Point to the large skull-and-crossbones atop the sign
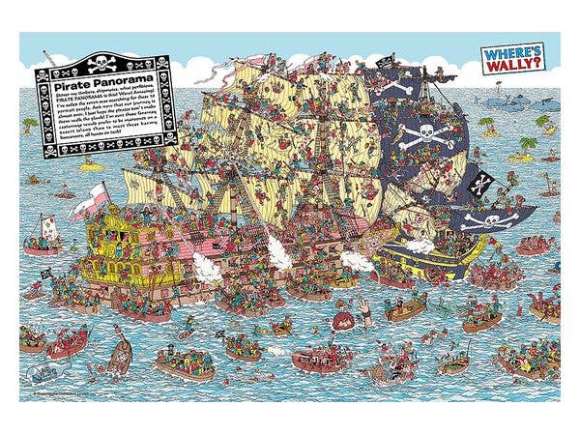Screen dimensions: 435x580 point(101,64)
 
